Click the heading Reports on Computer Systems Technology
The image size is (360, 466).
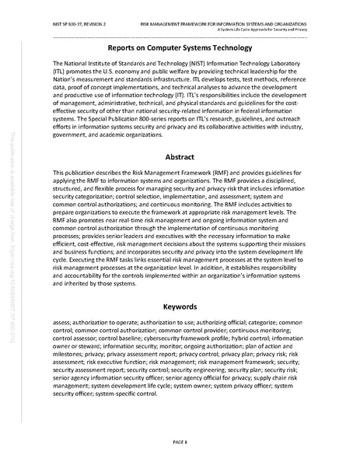tap(180, 47)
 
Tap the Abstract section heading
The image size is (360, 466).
tap(180, 156)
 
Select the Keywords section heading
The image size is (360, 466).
tap(180, 285)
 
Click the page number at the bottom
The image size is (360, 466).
tap(180, 442)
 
